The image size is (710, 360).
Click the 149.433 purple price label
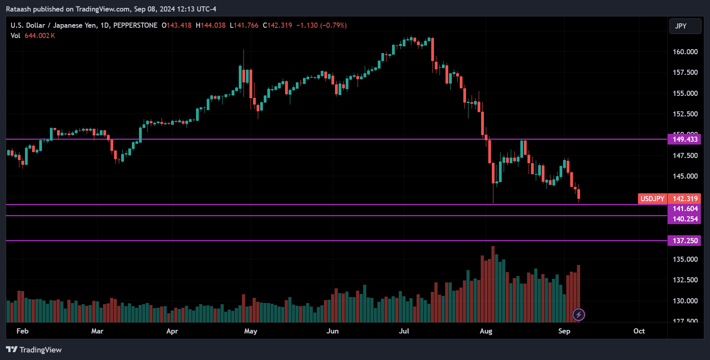[684, 139]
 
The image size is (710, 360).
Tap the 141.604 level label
[684, 209]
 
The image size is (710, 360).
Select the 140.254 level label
[684, 219]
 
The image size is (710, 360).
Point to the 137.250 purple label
[684, 241]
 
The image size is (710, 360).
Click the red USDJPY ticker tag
[652, 199]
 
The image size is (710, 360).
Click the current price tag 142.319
[685, 199]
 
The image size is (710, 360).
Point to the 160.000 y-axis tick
[685, 52]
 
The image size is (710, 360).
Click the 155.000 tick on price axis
[685, 93]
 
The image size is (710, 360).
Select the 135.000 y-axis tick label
[685, 259]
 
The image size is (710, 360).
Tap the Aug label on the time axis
[486, 331]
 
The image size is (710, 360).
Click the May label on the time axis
[251, 331]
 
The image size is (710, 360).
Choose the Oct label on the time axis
[639, 331]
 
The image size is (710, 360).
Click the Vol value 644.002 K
[40, 36]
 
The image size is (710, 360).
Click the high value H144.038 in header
[211, 25]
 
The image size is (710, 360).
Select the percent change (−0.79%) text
[333, 25]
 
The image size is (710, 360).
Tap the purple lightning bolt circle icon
[579, 315]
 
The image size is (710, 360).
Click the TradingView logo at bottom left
[34, 350]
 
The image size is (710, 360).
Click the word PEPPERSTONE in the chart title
[135, 25]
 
